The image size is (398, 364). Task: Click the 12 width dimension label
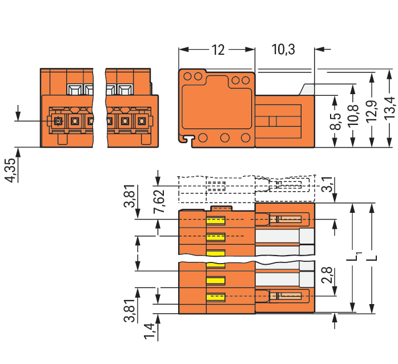click(218, 50)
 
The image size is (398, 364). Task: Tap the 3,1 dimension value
click(327, 185)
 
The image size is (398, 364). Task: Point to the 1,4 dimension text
click(149, 331)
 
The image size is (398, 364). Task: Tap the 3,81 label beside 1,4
click(130, 310)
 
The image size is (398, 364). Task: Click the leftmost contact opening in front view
click(58, 121)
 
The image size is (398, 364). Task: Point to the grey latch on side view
click(307, 89)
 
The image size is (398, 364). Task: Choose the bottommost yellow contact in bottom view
click(216, 297)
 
